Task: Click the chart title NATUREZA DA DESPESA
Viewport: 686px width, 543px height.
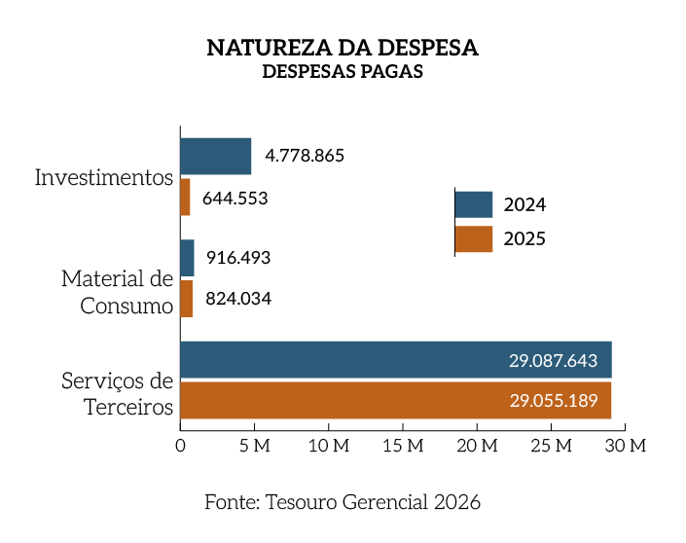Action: click(x=343, y=48)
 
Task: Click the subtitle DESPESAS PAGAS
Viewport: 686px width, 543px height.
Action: click(x=343, y=72)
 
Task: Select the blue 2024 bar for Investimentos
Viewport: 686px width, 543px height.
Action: click(x=215, y=156)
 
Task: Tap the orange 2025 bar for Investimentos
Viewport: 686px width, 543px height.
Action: click(x=185, y=198)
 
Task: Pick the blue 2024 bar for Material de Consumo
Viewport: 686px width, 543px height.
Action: click(x=187, y=258)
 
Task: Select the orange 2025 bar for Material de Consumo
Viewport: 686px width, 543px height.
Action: click(x=186, y=299)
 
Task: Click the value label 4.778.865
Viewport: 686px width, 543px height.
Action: click(x=305, y=156)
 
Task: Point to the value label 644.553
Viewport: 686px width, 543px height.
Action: click(x=235, y=199)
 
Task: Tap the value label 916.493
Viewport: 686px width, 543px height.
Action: click(x=237, y=258)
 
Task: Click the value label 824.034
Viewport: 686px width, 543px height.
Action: click(x=237, y=299)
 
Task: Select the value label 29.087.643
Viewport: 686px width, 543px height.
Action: click(x=553, y=360)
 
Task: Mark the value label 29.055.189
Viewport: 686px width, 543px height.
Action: click(x=553, y=400)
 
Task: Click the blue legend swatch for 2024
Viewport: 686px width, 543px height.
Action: click(x=474, y=204)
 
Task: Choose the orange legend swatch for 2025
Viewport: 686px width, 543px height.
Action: click(x=474, y=238)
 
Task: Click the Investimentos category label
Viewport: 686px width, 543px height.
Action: click(x=104, y=178)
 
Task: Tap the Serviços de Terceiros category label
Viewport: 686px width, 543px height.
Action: click(x=117, y=393)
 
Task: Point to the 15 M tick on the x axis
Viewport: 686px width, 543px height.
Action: click(x=403, y=446)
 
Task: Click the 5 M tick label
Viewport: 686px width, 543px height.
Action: click(x=254, y=446)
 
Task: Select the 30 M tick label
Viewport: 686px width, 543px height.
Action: click(x=625, y=446)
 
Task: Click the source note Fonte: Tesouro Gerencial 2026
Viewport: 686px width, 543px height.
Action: click(x=343, y=502)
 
